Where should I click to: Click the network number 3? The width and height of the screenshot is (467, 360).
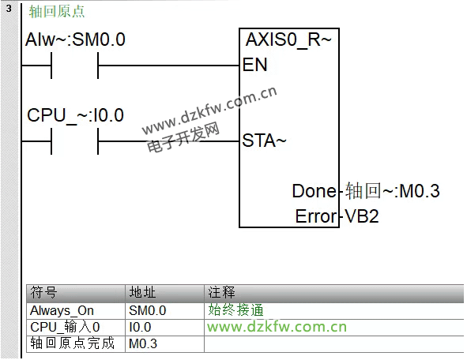[x=9, y=8]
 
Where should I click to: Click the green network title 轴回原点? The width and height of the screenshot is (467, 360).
[x=57, y=12]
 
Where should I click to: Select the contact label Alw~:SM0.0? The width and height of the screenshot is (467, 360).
[x=75, y=39]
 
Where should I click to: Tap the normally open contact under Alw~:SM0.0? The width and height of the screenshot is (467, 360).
[x=75, y=66]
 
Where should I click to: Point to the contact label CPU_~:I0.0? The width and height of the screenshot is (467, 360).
[x=75, y=115]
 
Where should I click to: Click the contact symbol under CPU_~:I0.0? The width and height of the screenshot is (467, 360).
[x=75, y=141]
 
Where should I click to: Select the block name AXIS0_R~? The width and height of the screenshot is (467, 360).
[x=288, y=39]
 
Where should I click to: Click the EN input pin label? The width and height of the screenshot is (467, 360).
[x=255, y=65]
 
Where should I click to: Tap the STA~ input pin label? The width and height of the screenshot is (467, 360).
[x=264, y=141]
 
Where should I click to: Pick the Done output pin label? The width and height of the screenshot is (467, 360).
[x=314, y=191]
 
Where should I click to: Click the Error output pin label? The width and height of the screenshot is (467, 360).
[x=316, y=216]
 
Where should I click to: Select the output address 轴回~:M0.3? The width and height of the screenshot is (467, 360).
[x=392, y=191]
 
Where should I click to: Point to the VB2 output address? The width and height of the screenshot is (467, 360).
[x=362, y=216]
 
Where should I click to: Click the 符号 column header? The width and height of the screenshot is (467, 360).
[x=43, y=292]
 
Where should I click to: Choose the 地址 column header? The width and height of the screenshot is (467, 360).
[x=142, y=292]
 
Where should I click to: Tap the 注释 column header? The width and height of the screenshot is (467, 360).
[x=221, y=292]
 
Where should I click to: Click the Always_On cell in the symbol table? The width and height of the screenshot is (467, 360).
[x=62, y=311]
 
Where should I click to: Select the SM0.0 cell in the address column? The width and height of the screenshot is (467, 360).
[x=148, y=311]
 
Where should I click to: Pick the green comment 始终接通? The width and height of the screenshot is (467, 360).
[x=235, y=310]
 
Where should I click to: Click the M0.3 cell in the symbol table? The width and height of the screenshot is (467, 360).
[x=143, y=344]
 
